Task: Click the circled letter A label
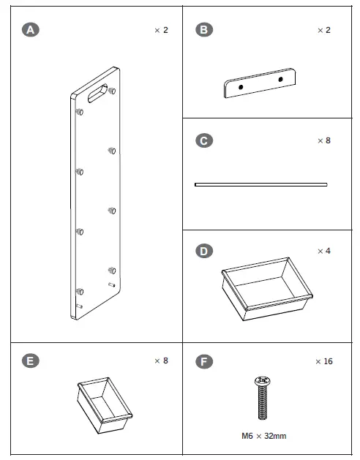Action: [31, 30]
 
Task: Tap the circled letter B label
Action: [204, 30]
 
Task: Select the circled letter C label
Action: [204, 140]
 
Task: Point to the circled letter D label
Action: [204, 251]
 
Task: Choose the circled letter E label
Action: [31, 361]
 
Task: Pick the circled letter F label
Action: [204, 361]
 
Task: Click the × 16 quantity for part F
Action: [324, 361]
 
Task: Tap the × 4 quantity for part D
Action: [324, 251]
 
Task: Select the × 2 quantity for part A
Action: [161, 30]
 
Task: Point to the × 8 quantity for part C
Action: [324, 140]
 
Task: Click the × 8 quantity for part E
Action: [161, 361]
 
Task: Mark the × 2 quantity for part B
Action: [324, 30]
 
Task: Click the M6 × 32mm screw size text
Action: [263, 436]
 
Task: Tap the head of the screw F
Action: [263, 381]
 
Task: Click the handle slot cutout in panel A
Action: [98, 93]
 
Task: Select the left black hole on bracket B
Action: [241, 87]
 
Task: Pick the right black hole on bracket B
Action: [280, 79]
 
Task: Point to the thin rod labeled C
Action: [260, 184]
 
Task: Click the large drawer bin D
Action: [267, 289]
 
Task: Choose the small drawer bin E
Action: [105, 405]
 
